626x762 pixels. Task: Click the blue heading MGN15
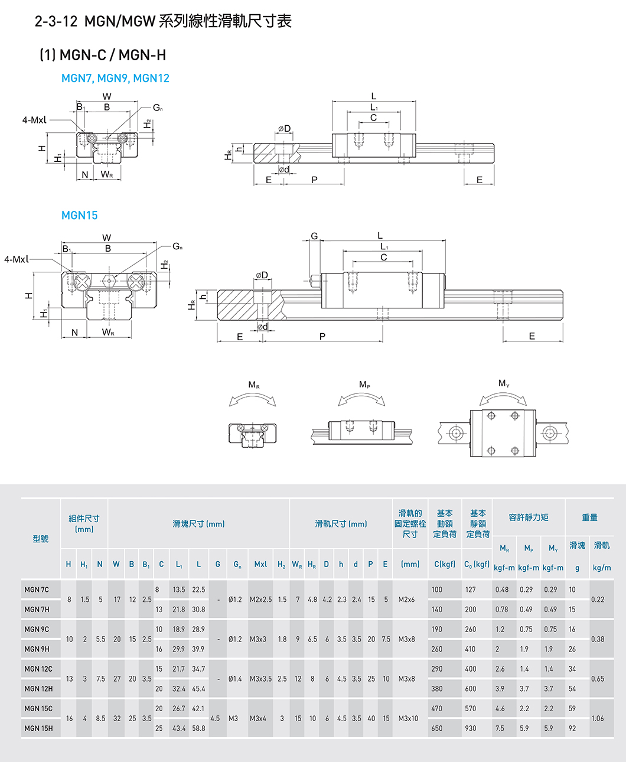[79, 216]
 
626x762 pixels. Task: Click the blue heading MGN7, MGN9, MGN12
[115, 78]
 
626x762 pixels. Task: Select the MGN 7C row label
[37, 590]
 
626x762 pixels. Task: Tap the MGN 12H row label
[38, 689]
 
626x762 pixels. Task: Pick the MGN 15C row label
[38, 708]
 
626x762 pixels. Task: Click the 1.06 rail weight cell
[598, 718]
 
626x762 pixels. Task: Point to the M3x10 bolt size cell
[408, 718]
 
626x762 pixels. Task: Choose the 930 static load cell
[470, 728]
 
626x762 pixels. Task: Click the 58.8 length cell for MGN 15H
[198, 728]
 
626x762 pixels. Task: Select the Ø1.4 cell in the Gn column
[235, 679]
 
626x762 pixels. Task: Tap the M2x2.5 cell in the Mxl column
[260, 600]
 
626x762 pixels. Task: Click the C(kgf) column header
[445, 564]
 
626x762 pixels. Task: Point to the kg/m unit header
[602, 568]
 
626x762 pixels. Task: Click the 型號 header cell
[41, 539]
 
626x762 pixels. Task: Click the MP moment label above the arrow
[364, 385]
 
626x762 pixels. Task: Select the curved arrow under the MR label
[253, 400]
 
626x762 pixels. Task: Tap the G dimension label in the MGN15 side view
[314, 236]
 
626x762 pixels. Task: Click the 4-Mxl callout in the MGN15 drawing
[16, 259]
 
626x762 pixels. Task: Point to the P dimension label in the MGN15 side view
[322, 337]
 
